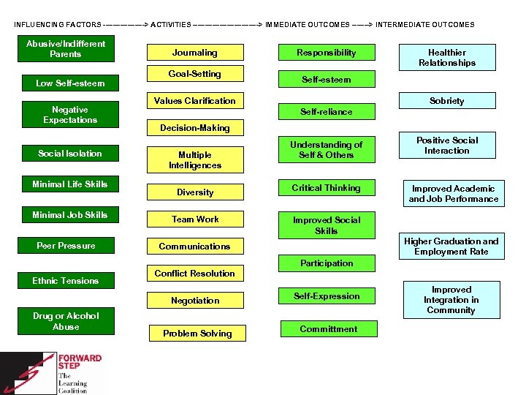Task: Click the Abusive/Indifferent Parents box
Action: (66, 49)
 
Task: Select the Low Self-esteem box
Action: (70, 83)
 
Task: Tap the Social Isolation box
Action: (70, 154)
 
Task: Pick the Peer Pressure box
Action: (66, 246)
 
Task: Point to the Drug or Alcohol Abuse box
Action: (66, 322)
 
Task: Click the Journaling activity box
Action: (194, 53)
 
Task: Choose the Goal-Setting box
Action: (194, 74)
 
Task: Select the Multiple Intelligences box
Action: (194, 160)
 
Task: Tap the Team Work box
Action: (194, 219)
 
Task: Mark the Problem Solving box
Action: (197, 334)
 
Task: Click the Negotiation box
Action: (194, 301)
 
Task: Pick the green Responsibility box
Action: (326, 53)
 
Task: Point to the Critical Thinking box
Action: (326, 188)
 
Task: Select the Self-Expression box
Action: (326, 296)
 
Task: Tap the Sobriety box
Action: (446, 101)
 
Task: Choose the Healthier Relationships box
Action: (446, 58)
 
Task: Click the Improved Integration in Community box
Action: (451, 300)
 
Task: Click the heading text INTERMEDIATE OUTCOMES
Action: (424, 25)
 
